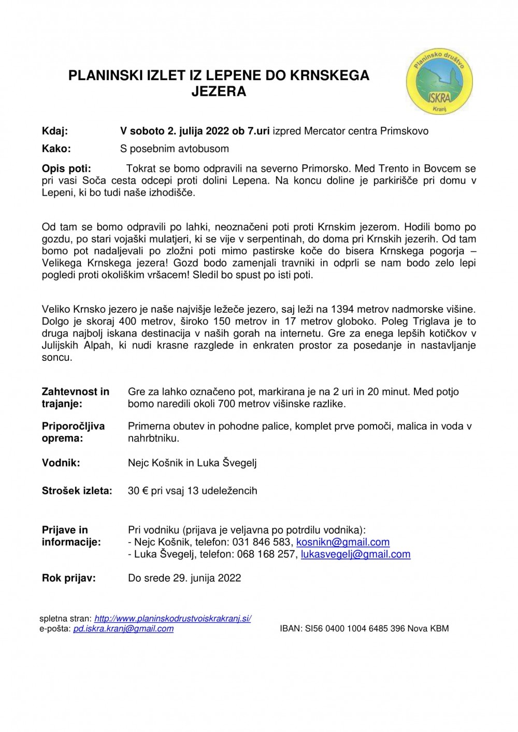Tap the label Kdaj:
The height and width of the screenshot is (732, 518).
(55, 131)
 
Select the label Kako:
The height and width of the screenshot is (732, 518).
(56, 149)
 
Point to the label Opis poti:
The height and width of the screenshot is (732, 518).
(66, 168)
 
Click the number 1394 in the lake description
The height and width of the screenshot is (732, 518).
(342, 310)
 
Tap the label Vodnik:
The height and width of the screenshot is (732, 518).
(61, 463)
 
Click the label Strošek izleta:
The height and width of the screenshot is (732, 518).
(77, 491)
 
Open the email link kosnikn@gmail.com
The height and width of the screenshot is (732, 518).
(343, 542)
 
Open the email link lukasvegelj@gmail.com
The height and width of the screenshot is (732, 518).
(355, 554)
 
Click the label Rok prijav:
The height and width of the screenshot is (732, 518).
(69, 578)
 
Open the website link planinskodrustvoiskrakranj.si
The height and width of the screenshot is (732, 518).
(172, 619)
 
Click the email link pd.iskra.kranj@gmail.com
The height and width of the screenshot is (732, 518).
(123, 628)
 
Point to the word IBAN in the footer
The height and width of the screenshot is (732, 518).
(291, 628)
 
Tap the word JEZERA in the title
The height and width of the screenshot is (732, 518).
(219, 92)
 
